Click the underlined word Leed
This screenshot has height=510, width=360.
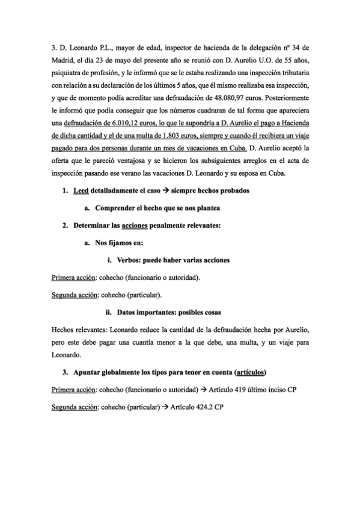[x=79, y=191]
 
